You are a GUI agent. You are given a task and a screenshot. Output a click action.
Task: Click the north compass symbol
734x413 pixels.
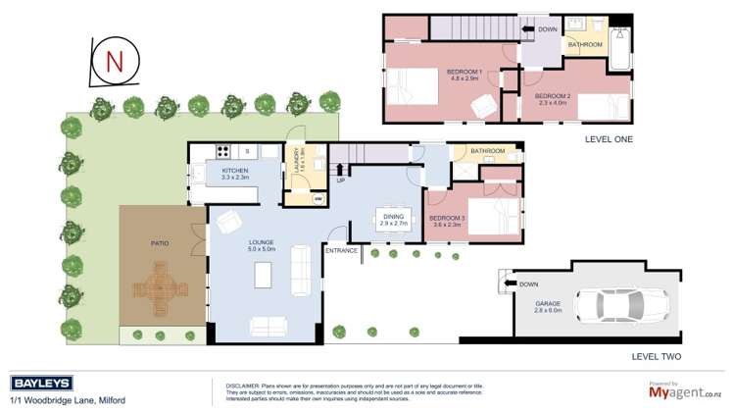coord(114,63)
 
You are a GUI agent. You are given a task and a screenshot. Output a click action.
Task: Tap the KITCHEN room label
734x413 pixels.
coord(235,171)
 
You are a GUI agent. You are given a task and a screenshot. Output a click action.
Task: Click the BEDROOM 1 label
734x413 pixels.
coord(464,72)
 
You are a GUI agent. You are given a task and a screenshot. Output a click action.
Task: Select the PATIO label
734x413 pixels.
coord(162,241)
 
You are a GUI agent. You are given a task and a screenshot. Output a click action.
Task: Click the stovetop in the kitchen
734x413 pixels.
coord(222,151)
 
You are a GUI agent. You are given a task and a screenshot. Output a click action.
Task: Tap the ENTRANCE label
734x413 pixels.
coord(342,251)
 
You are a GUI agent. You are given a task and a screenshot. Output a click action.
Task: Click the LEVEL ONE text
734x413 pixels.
coord(609,139)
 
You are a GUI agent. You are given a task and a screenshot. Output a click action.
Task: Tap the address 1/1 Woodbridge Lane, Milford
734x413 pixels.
coord(68,400)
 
